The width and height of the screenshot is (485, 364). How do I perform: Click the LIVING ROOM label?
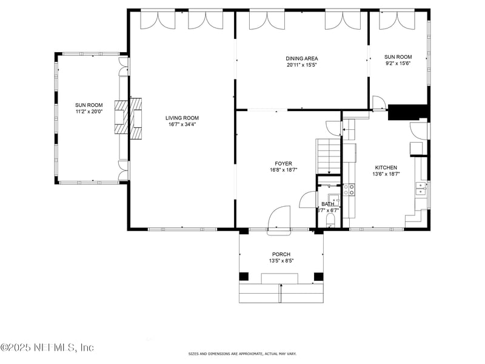click(182, 118)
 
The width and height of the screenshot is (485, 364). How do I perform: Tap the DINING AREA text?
click(302, 59)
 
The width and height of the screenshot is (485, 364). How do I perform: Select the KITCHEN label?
click(386, 167)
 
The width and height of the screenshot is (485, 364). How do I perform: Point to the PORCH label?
click(281, 254)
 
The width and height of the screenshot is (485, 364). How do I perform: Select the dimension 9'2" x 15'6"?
click(398, 64)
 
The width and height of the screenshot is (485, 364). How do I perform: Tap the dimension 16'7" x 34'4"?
click(182, 124)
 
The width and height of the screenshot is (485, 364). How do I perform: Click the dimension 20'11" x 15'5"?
click(302, 66)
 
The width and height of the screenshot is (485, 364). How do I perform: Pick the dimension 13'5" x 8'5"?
click(281, 261)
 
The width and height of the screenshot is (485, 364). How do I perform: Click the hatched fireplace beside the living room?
click(122, 116)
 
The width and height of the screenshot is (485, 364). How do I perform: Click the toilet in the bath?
click(331, 219)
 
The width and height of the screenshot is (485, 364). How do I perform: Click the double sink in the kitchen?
click(421, 189)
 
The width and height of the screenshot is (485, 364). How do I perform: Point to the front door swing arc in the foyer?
click(279, 218)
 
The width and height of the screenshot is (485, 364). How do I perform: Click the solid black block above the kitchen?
click(408, 112)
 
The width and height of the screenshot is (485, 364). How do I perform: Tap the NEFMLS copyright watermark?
click(47, 348)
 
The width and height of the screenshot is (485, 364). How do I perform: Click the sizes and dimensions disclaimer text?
click(242, 354)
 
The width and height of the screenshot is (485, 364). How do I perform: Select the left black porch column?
click(244, 277)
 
